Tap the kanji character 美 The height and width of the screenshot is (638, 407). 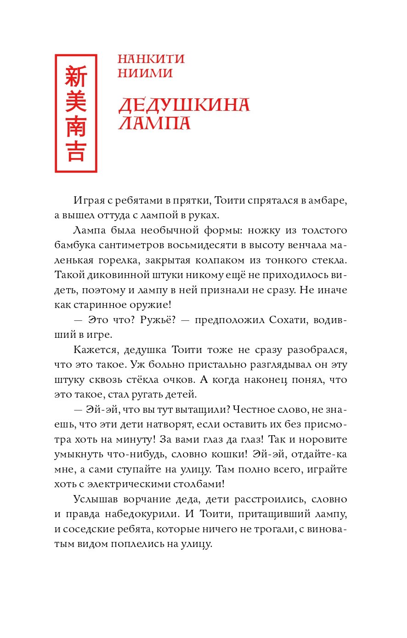pos(76,101)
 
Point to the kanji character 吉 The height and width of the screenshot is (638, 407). pos(76,151)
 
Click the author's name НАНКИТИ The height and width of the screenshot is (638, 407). pos(151,59)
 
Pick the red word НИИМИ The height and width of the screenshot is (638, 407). pos(145,73)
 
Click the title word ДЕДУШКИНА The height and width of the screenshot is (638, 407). pos(184,105)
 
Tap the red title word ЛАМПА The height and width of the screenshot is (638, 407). pos(154,123)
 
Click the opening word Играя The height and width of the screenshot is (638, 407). pos(88,200)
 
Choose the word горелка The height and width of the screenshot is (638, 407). pos(120,260)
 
